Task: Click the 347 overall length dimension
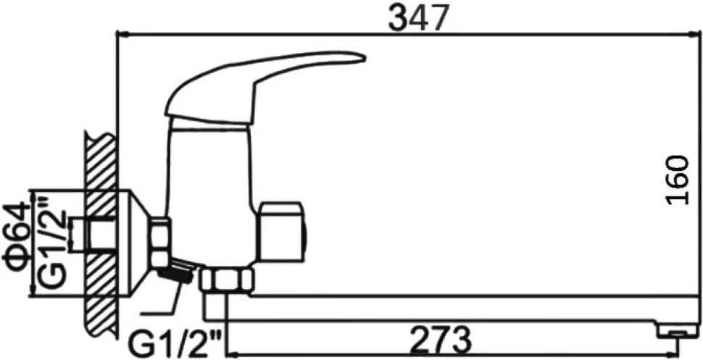[418, 18]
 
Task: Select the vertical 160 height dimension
[677, 180]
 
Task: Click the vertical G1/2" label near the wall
[52, 240]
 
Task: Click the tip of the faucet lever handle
[364, 57]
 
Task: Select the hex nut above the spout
[227, 280]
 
